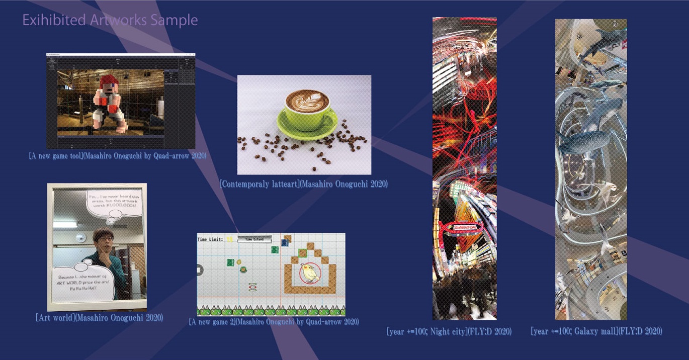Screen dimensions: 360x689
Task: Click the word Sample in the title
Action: pyautogui.click(x=176, y=20)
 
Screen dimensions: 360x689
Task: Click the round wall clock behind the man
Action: pyautogui.click(x=80, y=237)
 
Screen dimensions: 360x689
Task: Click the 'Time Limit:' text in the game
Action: pyautogui.click(x=210, y=239)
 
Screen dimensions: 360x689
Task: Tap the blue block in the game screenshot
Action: pyautogui.click(x=285, y=242)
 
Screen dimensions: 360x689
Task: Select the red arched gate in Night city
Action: pyautogui.click(x=464, y=228)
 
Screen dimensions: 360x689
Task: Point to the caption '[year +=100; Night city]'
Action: pyautogui.click(x=449, y=331)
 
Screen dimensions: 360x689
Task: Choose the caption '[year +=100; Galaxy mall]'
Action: pyautogui.click(x=596, y=331)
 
